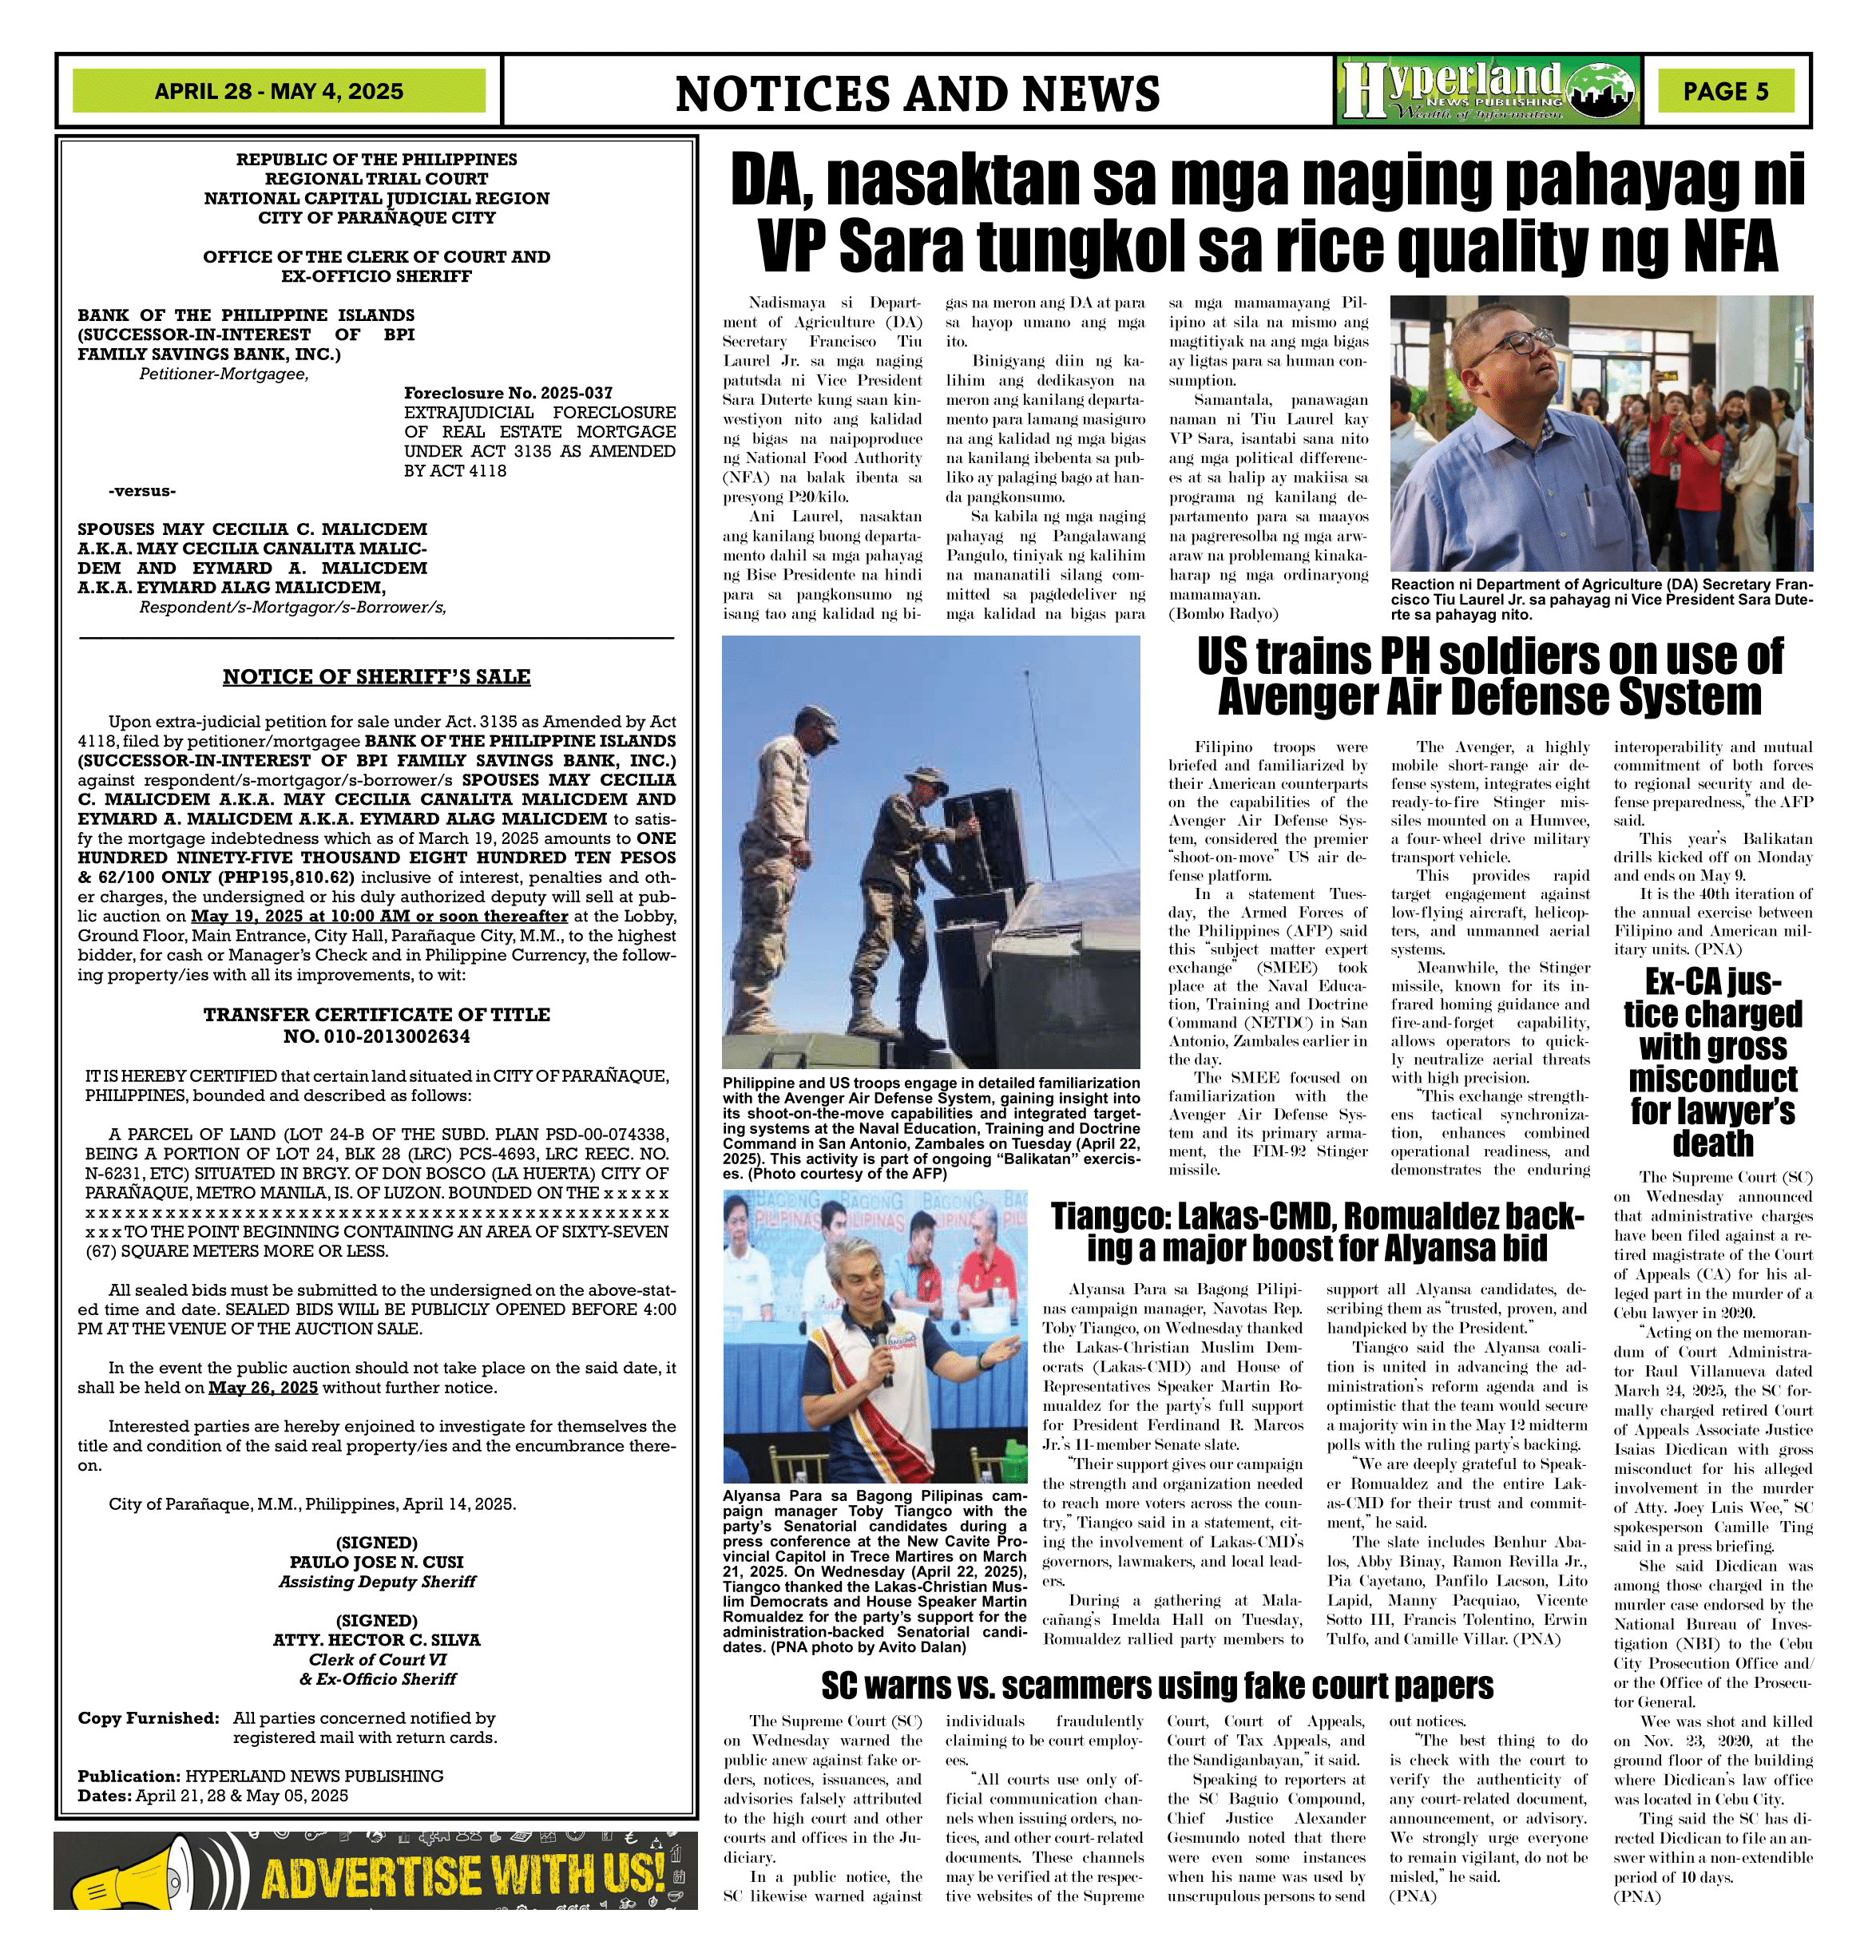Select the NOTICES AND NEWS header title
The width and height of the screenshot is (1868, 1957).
[x=916, y=93]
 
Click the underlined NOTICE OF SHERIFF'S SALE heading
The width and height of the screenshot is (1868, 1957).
[x=375, y=677]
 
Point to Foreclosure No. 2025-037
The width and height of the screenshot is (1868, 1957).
[x=508, y=393]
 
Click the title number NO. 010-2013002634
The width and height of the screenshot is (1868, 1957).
[x=375, y=1036]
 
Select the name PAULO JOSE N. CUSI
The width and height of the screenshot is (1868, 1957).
[x=375, y=1562]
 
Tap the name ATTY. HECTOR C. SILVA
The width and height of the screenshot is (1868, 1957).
[x=375, y=1639]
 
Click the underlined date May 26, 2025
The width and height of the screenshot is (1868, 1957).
[x=263, y=1388]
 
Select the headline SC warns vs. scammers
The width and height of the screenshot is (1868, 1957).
[x=1156, y=1686]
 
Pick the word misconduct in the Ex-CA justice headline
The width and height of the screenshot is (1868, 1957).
[x=1711, y=1079]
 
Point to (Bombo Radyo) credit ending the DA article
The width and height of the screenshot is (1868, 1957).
[x=1223, y=614]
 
